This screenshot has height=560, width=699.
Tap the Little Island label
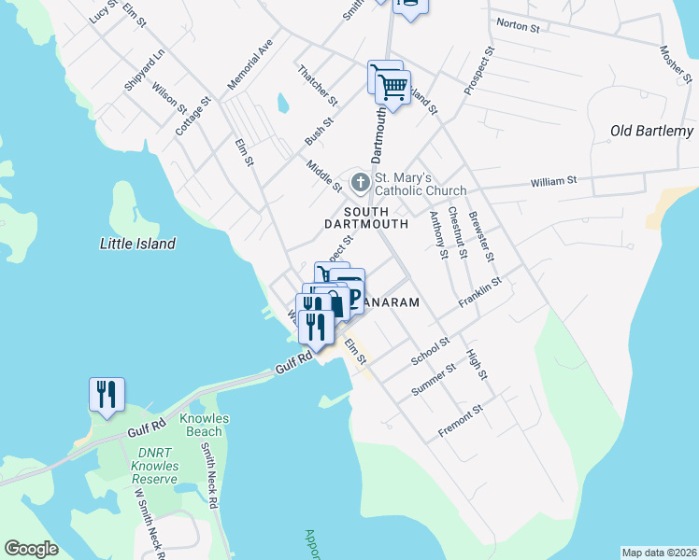pyautogui.click(x=137, y=244)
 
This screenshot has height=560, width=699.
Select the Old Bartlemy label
pyautogui.click(x=651, y=131)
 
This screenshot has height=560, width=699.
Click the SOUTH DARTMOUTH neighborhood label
pyautogui.click(x=366, y=218)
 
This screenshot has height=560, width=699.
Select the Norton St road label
pyautogui.click(x=519, y=27)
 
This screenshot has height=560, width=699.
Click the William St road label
pyautogui.click(x=554, y=179)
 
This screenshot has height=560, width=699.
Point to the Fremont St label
pyautogui.click(x=461, y=422)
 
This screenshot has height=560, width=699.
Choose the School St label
pyautogui.click(x=431, y=352)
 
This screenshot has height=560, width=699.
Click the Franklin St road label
pyautogui.click(x=480, y=293)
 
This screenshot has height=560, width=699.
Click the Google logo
pyautogui.click(x=32, y=548)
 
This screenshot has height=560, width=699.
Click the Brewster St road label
pyautogui.click(x=483, y=238)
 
